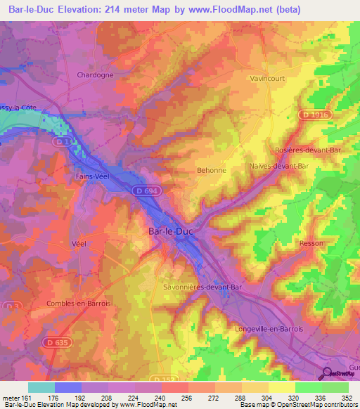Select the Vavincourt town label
(x=268, y=79)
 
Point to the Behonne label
(x=211, y=170)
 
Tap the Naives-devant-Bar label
(x=278, y=166)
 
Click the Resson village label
(x=311, y=243)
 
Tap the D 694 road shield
(x=146, y=190)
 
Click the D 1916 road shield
(x=313, y=114)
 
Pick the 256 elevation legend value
(x=186, y=398)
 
